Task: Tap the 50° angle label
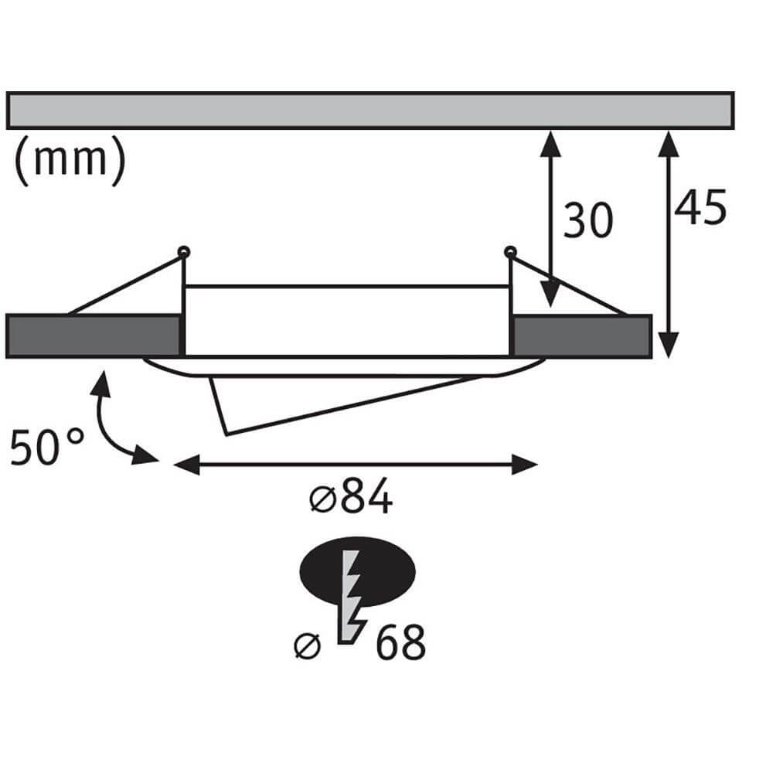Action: click(47, 448)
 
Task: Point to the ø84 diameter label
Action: click(352, 500)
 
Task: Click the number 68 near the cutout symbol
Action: click(400, 644)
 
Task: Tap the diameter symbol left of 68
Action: click(308, 645)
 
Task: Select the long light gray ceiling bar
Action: click(369, 111)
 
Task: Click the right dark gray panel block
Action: click(581, 336)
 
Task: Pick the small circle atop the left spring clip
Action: click(183, 251)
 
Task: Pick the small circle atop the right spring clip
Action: click(509, 251)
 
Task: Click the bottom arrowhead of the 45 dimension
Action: click(670, 343)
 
